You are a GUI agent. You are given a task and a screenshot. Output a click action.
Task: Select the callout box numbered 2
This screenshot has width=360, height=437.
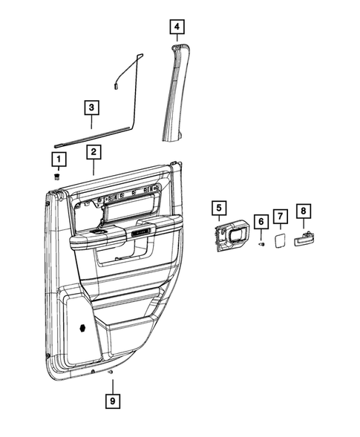[x=94, y=154]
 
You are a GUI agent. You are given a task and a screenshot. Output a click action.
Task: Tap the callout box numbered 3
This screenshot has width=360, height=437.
[x=91, y=108]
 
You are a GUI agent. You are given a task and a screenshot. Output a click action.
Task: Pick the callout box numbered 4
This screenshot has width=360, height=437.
[x=176, y=28]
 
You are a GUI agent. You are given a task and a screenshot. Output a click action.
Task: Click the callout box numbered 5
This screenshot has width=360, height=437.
[x=218, y=208]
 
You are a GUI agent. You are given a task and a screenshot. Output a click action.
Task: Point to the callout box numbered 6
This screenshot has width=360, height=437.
[x=261, y=222]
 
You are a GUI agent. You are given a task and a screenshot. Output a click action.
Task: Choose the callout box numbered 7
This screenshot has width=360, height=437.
[x=280, y=216]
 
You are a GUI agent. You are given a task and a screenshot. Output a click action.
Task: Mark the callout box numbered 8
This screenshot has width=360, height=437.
[x=303, y=211]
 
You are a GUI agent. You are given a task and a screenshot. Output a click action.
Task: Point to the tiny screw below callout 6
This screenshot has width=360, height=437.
[x=261, y=244]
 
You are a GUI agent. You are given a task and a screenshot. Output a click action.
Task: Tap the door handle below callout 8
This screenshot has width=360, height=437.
[x=304, y=239]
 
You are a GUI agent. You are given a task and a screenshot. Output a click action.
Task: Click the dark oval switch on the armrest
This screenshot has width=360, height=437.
[x=97, y=234]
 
